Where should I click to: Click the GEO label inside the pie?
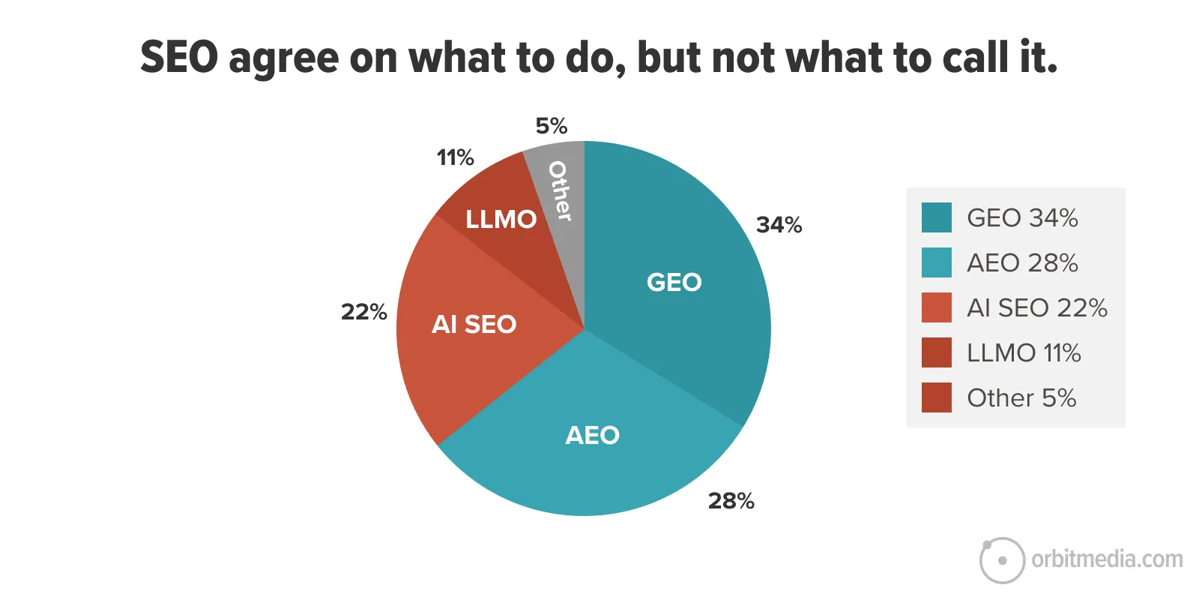pos(674,282)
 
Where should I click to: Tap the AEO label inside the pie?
pos(592,435)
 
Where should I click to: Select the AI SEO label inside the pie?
pos(474,324)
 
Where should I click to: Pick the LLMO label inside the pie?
pos(501,219)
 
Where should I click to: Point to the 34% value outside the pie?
pos(779,225)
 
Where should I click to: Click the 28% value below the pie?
pos(731,501)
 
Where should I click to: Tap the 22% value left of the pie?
pos(363,312)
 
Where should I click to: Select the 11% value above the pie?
pos(455,157)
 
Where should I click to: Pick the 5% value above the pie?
pos(551,126)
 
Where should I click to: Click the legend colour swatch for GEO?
pos(936,217)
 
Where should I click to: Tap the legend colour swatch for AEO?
pos(936,262)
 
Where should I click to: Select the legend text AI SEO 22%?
pos(1036,307)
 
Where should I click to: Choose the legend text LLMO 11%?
pos(1023,352)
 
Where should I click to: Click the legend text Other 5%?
pos(1021,397)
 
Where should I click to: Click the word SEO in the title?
pos(179,58)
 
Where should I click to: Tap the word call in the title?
pos(975,58)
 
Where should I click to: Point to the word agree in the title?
pos(283,60)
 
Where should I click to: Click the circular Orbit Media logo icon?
pos(1002,560)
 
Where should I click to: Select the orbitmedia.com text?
pos(1107,559)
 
